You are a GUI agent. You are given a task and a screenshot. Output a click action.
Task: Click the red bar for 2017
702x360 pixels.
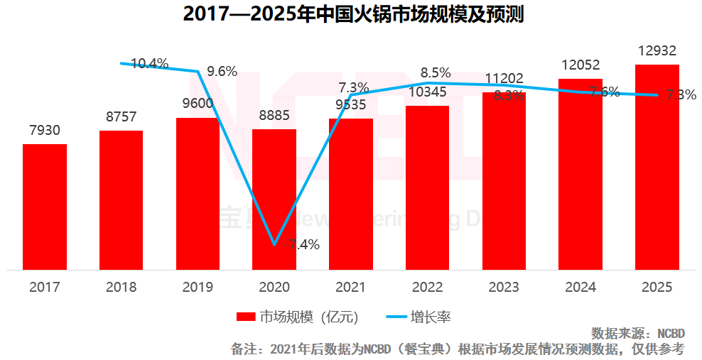pos(45,207)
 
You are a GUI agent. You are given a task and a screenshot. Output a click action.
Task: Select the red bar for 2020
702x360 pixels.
pos(274,200)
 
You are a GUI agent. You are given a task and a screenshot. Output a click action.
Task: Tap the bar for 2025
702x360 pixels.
pos(657,167)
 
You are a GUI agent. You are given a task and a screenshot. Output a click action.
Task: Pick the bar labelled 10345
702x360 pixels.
pos(427,187)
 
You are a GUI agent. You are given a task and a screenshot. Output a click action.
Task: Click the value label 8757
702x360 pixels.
pos(121,117)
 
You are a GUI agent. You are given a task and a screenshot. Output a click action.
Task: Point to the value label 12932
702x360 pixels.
pos(657,51)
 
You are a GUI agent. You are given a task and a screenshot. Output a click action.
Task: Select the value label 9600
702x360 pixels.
pos(198,104)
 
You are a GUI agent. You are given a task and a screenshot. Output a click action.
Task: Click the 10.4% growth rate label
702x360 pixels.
pos(150,63)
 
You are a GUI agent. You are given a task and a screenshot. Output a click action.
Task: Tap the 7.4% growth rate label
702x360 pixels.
pos(304,245)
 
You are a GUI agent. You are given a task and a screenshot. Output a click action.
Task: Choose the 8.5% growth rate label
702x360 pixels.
pos(436,72)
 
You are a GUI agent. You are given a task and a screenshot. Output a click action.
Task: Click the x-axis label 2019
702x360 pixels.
pos(198,288)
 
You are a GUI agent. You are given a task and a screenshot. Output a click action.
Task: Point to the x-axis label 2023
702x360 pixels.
pos(504,288)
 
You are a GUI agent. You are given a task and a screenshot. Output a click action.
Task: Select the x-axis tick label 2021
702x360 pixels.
pos(350,288)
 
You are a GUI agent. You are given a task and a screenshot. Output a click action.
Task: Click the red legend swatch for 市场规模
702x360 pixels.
pos(245,317)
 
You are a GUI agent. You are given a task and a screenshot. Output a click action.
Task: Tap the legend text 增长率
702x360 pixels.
pos(436,317)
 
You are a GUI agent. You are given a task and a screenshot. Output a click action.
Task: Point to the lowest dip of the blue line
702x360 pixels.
pos(274,245)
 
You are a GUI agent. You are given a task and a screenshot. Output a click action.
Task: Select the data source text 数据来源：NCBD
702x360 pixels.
pos(637,333)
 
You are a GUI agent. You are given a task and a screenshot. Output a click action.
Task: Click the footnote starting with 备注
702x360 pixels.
pos(458,349)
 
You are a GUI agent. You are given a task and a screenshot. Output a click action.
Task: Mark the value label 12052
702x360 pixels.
pos(580,65)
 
